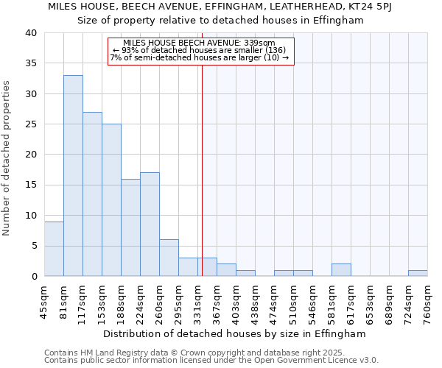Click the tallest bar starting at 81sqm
(x=73, y=176)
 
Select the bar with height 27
(x=92, y=194)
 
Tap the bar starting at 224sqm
(x=150, y=224)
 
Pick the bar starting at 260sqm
(x=169, y=258)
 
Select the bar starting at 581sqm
(x=341, y=270)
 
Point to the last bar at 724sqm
(x=418, y=273)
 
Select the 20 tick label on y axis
(x=31, y=155)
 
